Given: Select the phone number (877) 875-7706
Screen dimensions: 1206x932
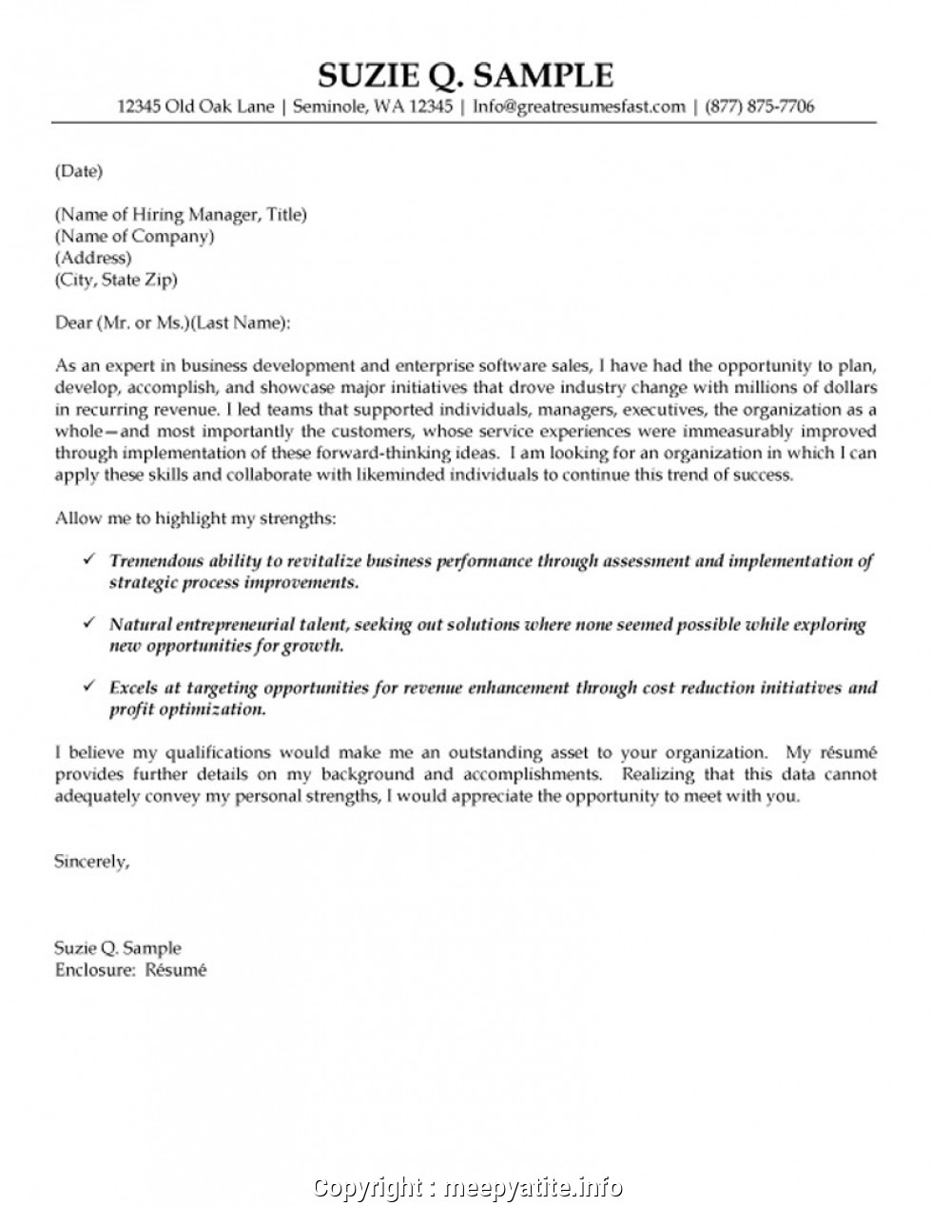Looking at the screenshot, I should coord(758,107).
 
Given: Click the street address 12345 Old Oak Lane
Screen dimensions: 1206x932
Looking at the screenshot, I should coord(196,107).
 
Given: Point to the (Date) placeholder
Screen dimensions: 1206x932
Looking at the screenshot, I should coord(78,171).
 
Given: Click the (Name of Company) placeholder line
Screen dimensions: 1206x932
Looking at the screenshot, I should coord(134,236).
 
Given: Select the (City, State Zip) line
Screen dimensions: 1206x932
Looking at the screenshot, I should coord(116,280).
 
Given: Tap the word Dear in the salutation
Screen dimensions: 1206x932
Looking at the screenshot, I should coord(72,322).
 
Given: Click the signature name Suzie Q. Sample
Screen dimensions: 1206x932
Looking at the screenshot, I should coord(117,948).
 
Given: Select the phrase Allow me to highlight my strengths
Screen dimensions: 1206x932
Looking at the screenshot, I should coord(195,518).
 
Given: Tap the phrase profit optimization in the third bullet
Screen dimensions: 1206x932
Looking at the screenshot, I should coord(186,709).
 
